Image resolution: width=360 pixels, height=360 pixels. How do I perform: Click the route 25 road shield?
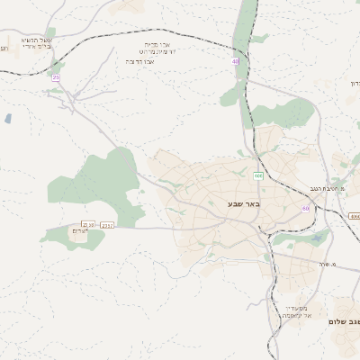click(56, 78)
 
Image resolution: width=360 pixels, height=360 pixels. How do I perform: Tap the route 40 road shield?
click(236, 61)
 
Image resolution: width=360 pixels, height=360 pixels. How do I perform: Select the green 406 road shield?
click(258, 175)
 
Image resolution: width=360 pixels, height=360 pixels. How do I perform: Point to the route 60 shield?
click(306, 208)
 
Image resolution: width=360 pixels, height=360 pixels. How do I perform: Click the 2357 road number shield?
click(108, 225)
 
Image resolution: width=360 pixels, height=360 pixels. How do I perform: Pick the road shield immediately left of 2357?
click(88, 225)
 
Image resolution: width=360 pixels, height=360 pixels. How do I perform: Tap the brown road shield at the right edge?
click(355, 217)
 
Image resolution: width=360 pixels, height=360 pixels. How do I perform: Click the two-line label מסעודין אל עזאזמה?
click(296, 310)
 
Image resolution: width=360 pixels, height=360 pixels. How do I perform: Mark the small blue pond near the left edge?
click(8, 118)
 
